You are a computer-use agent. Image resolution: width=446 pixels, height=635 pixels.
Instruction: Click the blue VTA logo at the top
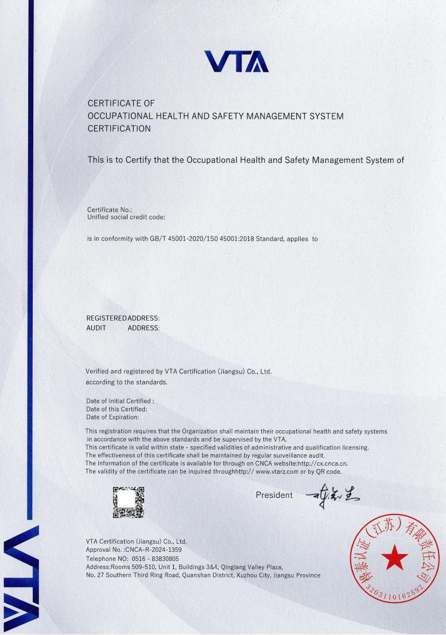236,61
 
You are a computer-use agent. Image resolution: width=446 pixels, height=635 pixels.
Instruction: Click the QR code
128,502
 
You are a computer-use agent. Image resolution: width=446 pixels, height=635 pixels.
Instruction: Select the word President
274,495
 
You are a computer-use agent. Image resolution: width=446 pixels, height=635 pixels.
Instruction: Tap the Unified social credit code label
126,217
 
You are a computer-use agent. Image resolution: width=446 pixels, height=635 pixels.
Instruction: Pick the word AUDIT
96,328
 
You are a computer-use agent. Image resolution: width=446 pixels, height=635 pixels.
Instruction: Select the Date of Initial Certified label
120,401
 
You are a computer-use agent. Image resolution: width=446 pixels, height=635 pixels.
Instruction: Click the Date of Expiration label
113,417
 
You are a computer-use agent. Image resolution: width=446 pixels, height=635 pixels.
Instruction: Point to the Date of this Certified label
117,409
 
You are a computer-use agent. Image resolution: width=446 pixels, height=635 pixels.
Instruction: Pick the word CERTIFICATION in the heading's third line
119,129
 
